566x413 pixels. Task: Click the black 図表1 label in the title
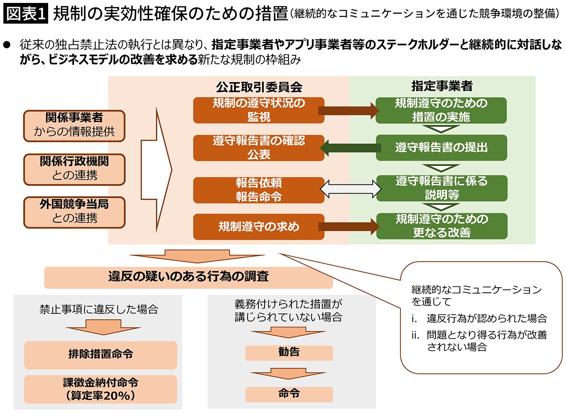[26, 13]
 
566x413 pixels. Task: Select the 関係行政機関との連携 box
[74, 169]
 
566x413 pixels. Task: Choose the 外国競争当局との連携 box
[74, 212]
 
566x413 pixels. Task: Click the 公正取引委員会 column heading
[259, 87]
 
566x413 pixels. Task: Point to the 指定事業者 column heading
[441, 86]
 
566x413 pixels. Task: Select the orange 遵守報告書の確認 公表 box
[259, 148]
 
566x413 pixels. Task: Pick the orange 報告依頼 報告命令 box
[259, 190]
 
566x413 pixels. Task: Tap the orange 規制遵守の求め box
[259, 227]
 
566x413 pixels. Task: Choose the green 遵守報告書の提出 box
[441, 148]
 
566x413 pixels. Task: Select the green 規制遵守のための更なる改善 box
[441, 226]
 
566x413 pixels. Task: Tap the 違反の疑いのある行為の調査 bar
[188, 277]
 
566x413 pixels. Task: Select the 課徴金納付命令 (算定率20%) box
[101, 389]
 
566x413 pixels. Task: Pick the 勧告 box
[289, 352]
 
